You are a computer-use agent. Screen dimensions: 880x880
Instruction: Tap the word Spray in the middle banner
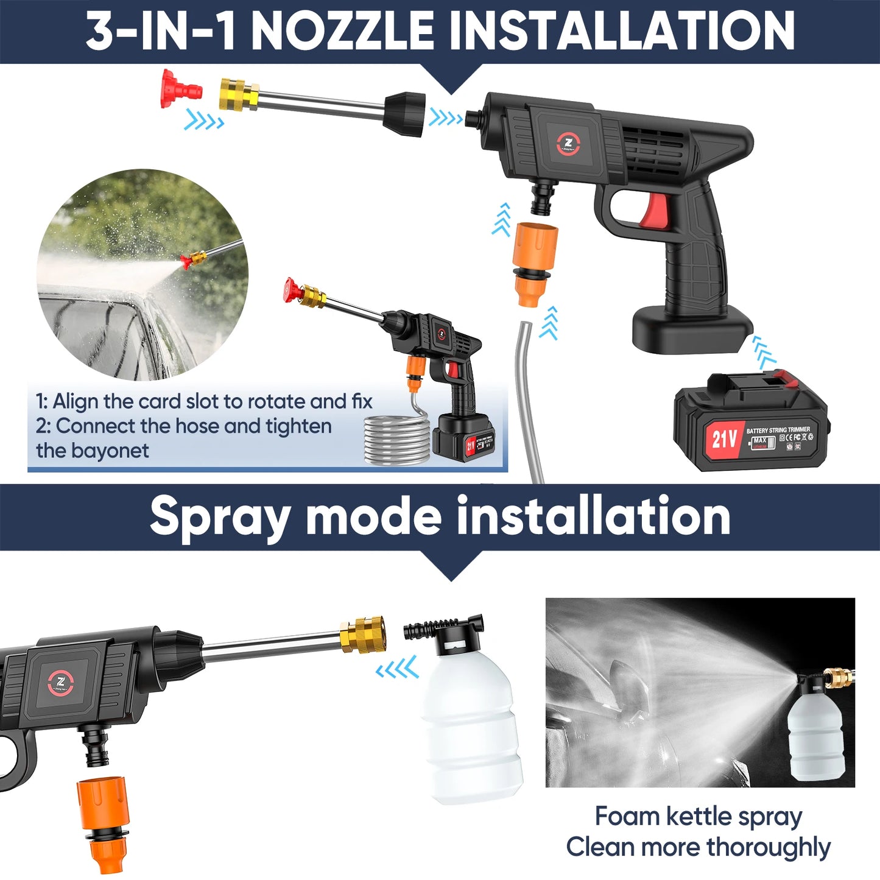coord(219,516)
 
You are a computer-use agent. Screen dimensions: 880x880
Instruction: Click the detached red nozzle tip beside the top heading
coord(180,88)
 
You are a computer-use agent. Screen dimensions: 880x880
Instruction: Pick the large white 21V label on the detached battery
coord(724,438)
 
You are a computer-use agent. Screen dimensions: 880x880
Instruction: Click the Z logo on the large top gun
coord(568,144)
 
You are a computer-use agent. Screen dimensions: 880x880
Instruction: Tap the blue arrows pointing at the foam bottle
coord(396,668)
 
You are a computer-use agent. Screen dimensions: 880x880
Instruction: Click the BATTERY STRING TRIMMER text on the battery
coord(778,430)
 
